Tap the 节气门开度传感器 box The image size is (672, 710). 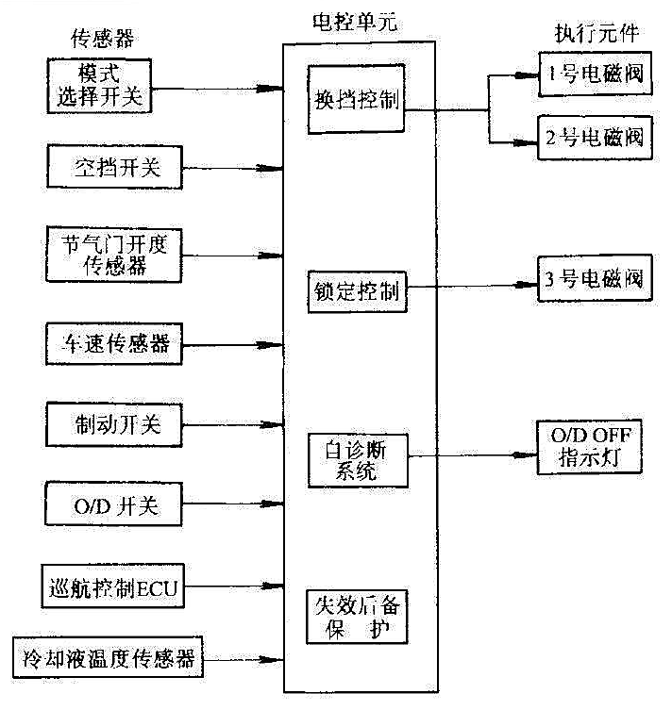point(112,253)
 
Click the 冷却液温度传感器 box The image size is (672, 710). point(109,656)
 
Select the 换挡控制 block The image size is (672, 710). point(356,101)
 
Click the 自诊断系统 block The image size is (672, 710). point(356,459)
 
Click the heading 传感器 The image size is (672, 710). point(100,39)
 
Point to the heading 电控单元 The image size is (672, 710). point(353,20)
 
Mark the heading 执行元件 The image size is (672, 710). point(596,33)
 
